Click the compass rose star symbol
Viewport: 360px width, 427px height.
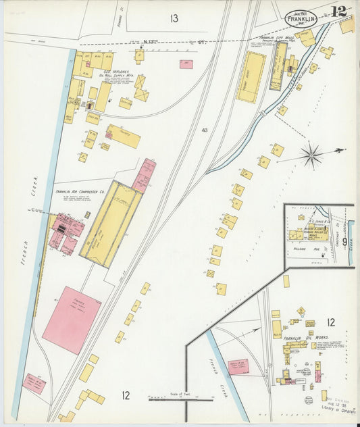pyautogui.click(x=311, y=155)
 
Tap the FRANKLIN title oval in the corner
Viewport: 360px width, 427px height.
pyautogui.click(x=301, y=18)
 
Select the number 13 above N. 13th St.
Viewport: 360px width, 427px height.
pyautogui.click(x=174, y=18)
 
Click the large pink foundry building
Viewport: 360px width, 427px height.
pyautogui.click(x=71, y=320)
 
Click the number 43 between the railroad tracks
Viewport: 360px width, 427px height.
pyautogui.click(x=205, y=130)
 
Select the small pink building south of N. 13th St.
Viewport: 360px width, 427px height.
pyautogui.click(x=186, y=64)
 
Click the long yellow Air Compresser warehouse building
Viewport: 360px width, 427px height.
pyautogui.click(x=111, y=223)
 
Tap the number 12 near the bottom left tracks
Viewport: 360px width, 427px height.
pyautogui.click(x=126, y=395)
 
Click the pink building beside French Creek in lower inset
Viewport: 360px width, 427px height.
pyautogui.click(x=237, y=367)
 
